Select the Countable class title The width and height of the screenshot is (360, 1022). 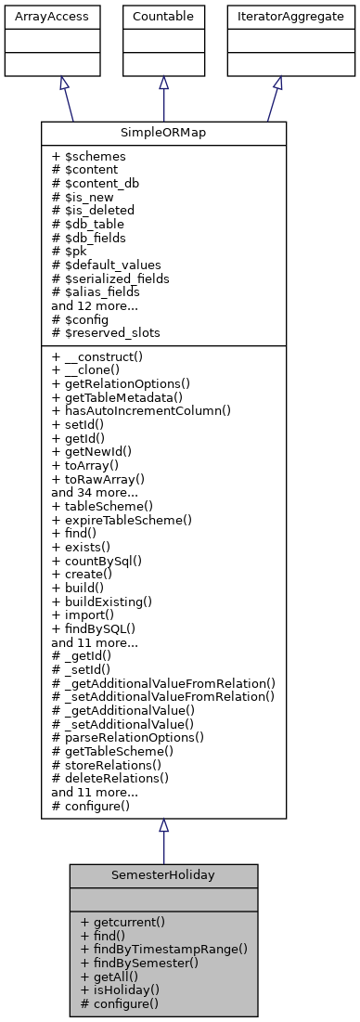(x=163, y=15)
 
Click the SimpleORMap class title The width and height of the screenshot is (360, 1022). (x=163, y=133)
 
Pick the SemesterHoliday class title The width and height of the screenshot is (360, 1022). (x=163, y=875)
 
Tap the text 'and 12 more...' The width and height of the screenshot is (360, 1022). (x=96, y=304)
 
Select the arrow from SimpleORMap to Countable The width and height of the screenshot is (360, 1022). (x=163, y=98)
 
